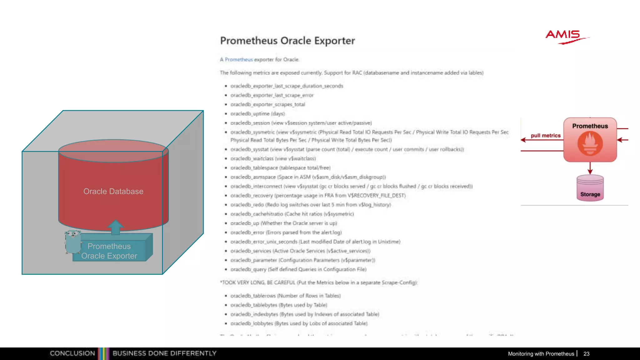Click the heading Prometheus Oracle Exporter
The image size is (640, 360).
tap(287, 41)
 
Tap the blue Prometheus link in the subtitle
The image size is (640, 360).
tap(239, 59)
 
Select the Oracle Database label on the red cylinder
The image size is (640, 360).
tap(113, 191)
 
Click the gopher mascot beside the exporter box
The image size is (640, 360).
tap(73, 241)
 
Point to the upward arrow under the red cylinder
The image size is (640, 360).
tap(115, 227)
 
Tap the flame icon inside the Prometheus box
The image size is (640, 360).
tap(590, 143)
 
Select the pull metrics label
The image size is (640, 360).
tap(546, 136)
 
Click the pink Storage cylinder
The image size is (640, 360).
tap(590, 188)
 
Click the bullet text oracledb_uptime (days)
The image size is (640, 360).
tap(257, 114)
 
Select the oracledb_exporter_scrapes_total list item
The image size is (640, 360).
tap(267, 104)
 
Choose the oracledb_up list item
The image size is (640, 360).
tap(283, 223)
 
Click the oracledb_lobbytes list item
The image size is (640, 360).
tap(299, 323)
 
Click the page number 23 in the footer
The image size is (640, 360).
tap(586, 354)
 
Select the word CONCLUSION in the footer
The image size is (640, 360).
tap(72, 353)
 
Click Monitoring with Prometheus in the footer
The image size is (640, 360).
tap(541, 354)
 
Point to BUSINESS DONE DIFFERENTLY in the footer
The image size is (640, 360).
tap(164, 353)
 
